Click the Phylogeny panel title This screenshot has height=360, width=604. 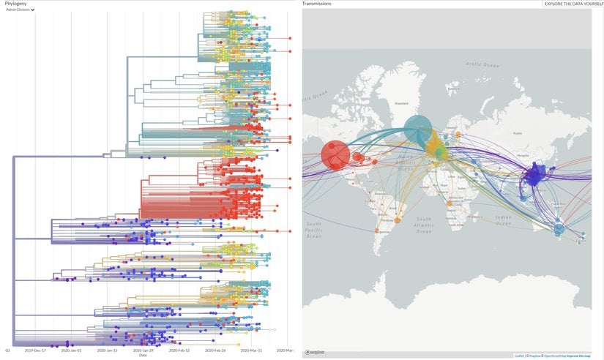coord(16,4)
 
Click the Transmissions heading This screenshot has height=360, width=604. coord(316,4)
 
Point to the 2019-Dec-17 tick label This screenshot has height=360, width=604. coord(35,350)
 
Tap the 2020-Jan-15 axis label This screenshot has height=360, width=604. coord(107,350)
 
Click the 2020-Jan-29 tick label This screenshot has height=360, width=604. coord(143,350)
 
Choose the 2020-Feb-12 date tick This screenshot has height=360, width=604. coord(179,350)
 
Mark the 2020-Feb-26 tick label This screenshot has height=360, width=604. coord(215,350)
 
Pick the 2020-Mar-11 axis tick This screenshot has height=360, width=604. coord(251,350)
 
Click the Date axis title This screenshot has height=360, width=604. coord(143,356)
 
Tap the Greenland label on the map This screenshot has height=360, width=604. coord(401,103)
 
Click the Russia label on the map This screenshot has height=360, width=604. coord(518,133)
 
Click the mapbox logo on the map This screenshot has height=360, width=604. coord(315,353)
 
